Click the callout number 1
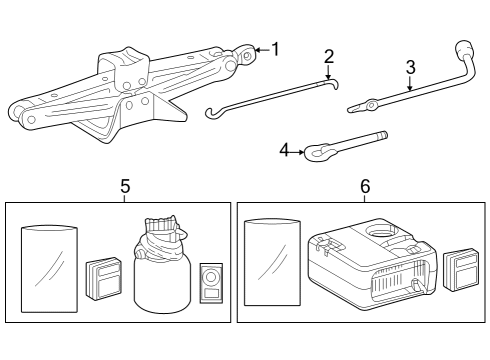(x=277, y=48)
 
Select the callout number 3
(x=410, y=67)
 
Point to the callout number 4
(x=284, y=151)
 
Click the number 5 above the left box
(x=125, y=186)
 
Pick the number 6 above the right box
(x=365, y=186)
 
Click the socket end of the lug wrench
(x=463, y=48)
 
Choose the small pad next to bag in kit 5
(x=103, y=277)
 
